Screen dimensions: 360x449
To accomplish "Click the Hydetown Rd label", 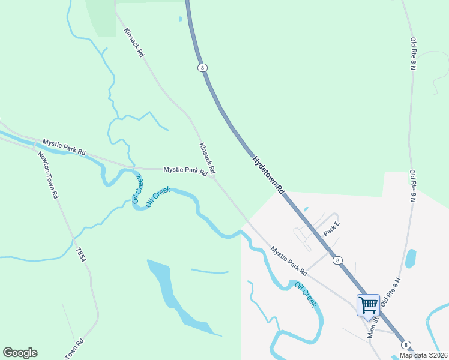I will (x=268, y=175).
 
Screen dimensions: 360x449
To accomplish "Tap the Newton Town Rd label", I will (x=48, y=175).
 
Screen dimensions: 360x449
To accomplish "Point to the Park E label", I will (x=332, y=228).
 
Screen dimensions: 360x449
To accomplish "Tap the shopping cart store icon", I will (x=368, y=305).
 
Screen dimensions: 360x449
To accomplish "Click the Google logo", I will (x=20, y=353).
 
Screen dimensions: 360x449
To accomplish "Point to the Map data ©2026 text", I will (x=423, y=355).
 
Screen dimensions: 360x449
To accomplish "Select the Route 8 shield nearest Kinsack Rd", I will (x=203, y=68).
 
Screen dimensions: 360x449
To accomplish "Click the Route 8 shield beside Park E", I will (x=339, y=260).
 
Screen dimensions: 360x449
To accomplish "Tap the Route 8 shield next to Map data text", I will (x=406, y=344).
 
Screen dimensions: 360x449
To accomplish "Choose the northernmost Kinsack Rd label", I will (x=134, y=42).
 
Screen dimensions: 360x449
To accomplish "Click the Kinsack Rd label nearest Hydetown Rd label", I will (x=207, y=158).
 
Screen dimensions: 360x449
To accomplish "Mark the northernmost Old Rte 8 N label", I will (x=413, y=54).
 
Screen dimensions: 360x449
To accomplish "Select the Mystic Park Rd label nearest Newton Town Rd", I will (x=64, y=147).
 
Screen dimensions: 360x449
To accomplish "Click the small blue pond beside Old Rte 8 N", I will (x=411, y=259).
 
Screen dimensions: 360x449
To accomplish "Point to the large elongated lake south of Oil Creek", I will (x=177, y=297).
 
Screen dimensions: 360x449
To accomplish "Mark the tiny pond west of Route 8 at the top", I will (x=179, y=19).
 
